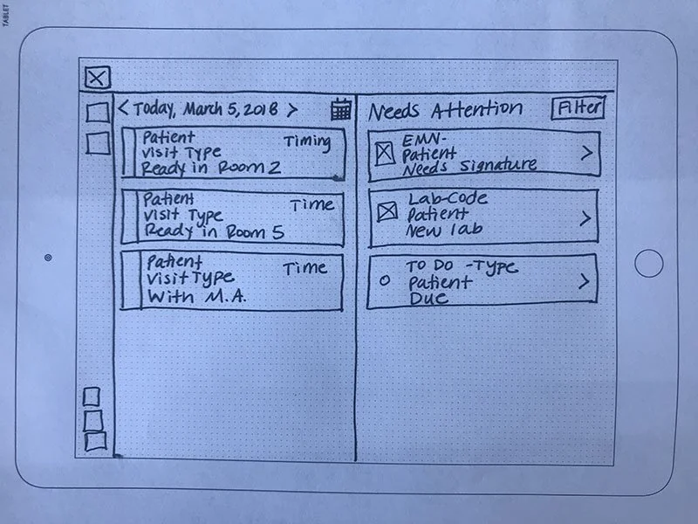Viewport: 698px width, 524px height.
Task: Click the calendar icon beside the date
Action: point(341,109)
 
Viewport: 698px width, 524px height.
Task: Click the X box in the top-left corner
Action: point(98,78)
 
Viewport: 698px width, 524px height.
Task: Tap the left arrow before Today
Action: point(123,110)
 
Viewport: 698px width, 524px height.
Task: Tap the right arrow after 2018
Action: point(292,110)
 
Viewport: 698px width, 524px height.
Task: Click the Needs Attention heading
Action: point(445,110)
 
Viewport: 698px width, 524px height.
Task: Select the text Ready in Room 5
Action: point(214,231)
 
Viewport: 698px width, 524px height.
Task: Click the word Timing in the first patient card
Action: point(307,141)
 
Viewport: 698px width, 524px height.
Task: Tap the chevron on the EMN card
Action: point(586,152)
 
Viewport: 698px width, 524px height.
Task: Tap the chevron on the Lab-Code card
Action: point(585,218)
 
